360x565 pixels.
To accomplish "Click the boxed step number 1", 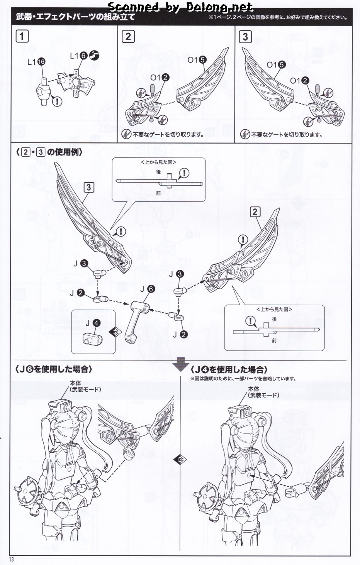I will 22,37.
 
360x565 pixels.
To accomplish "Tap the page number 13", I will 14,560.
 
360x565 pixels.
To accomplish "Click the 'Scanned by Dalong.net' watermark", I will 181,7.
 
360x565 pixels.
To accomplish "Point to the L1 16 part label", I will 36,62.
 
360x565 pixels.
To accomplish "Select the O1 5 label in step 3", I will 276,65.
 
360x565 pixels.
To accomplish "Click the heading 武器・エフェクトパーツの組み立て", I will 76,17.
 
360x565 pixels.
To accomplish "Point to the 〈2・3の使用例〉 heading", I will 49,152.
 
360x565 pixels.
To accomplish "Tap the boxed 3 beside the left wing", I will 89,188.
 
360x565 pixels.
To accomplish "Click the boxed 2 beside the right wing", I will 255,212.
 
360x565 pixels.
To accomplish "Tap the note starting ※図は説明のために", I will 243,379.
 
